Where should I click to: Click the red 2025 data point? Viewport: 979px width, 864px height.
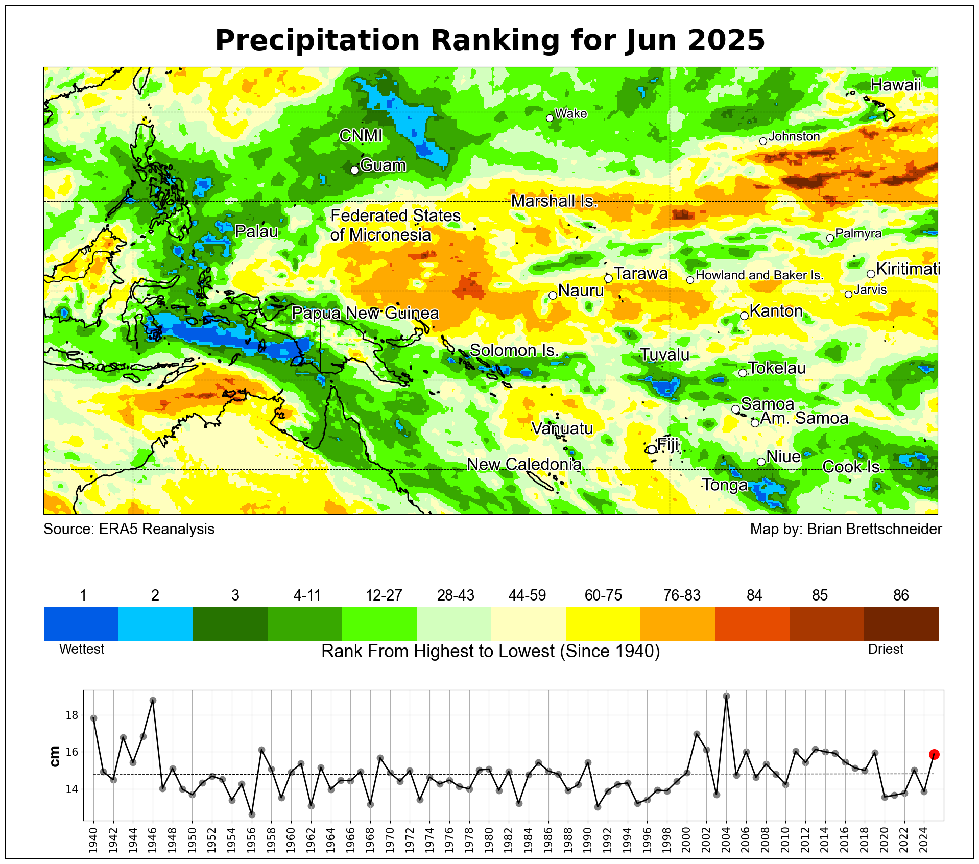tap(934, 754)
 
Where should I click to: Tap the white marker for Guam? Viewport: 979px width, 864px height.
tap(355, 170)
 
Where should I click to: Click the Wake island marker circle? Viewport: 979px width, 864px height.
tap(550, 118)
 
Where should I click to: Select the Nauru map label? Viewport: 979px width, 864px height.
tap(581, 291)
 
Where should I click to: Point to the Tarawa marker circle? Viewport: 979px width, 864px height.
tap(608, 278)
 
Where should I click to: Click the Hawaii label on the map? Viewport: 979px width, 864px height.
tap(895, 85)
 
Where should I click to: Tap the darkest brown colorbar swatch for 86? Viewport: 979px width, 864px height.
tap(901, 623)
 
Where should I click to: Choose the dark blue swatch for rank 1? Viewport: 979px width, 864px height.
tap(81, 623)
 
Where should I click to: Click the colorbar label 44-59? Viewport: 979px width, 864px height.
tap(527, 595)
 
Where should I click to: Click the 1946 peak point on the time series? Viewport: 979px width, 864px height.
tap(153, 700)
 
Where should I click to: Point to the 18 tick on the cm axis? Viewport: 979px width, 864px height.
tap(72, 715)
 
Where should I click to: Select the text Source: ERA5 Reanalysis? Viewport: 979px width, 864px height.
tap(129, 529)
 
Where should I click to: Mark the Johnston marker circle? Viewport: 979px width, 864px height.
tap(763, 141)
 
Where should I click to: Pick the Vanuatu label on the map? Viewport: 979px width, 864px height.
tap(562, 428)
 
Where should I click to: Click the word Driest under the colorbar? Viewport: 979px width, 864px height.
tap(886, 649)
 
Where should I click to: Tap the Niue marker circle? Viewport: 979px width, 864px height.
tap(761, 462)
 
